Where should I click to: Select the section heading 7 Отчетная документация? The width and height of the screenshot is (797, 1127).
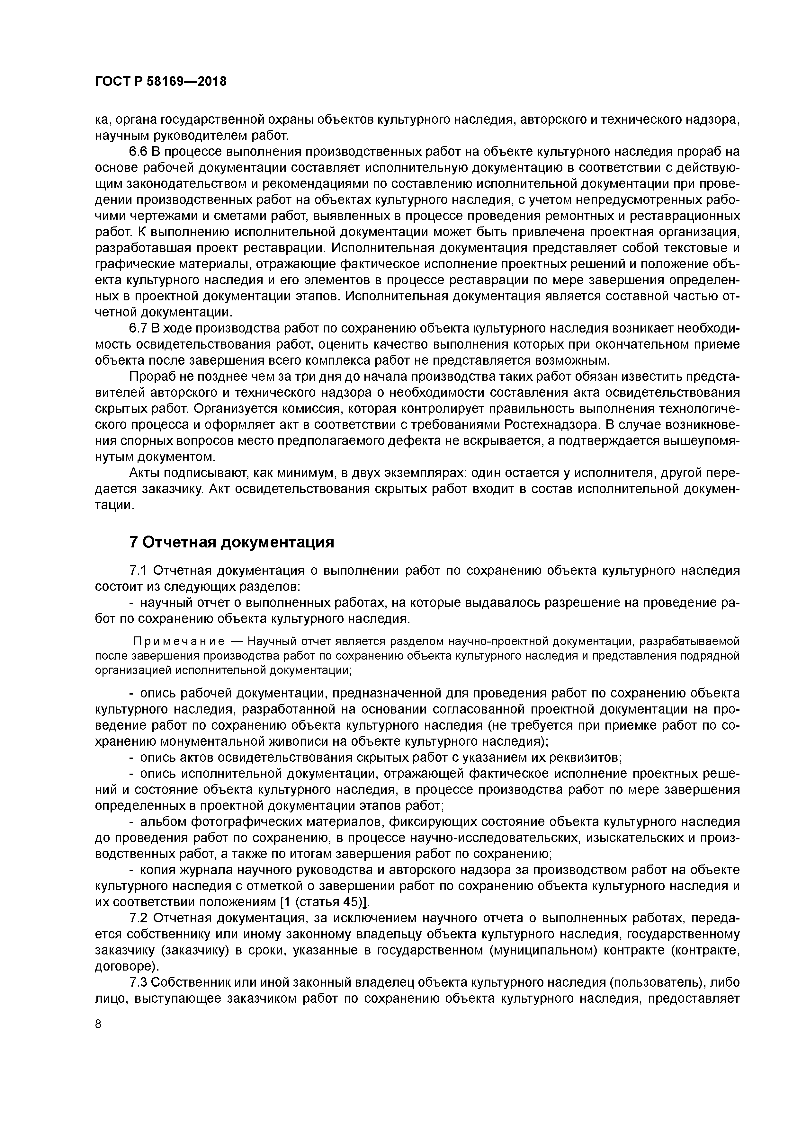(x=231, y=542)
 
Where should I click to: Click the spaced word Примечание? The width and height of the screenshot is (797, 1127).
(x=180, y=642)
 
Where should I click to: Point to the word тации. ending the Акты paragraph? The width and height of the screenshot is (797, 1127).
(x=114, y=506)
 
